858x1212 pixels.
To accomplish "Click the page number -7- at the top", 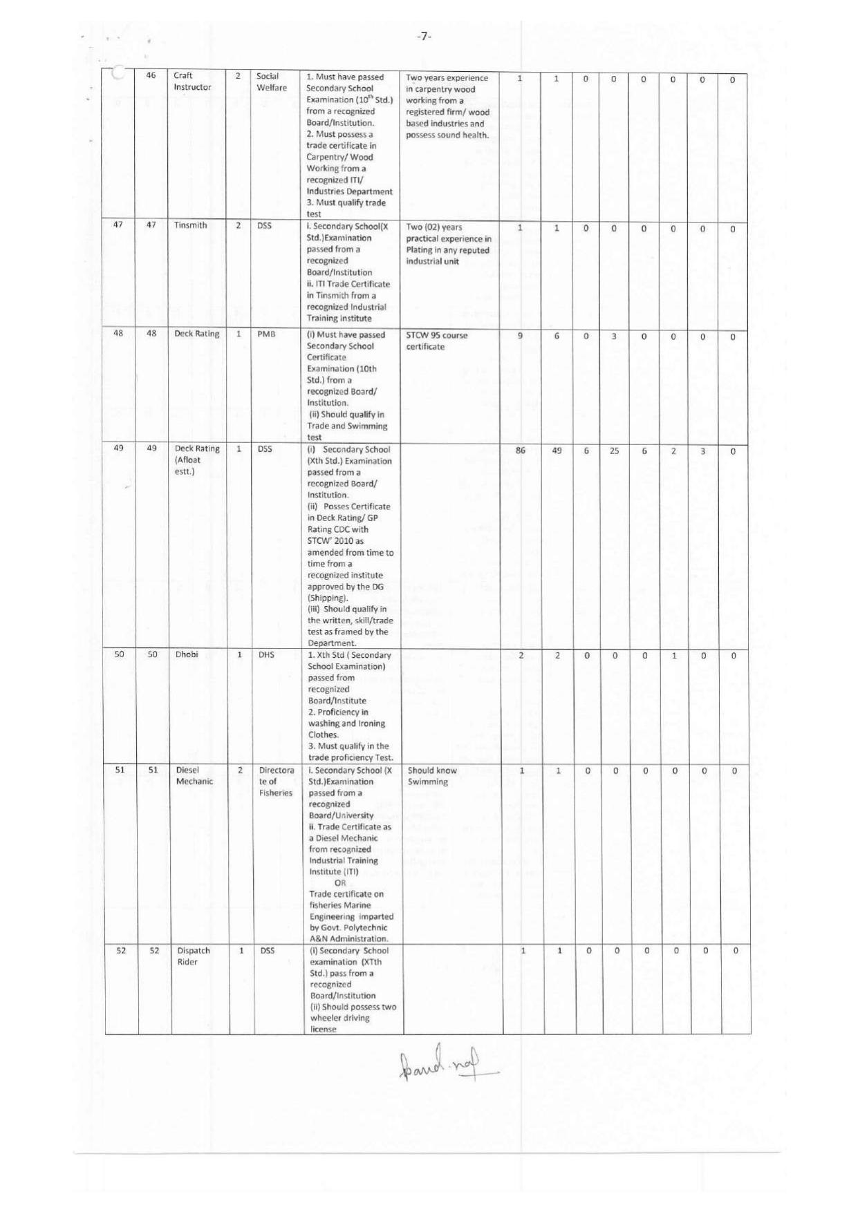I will pos(424,36).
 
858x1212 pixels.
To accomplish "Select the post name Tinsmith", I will pos(190,225).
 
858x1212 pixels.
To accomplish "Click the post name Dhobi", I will pos(187,654).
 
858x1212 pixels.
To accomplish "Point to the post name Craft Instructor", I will pos(192,82).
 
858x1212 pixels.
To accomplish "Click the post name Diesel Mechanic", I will pos(194,776).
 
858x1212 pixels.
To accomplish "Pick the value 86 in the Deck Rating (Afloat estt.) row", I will pos(521,451).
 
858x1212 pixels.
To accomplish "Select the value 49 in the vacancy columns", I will pos(557,451).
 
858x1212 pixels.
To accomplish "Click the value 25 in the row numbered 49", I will pos(614,451).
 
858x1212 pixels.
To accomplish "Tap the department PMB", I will pos(266,334).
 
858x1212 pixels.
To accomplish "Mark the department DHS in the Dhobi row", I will pos(266,655).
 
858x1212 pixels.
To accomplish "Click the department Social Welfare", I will pos(271,82).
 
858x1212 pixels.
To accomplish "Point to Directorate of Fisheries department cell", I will pos(276,782).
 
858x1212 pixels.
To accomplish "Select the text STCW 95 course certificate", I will pos(436,341).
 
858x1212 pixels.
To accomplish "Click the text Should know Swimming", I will pos(432,776).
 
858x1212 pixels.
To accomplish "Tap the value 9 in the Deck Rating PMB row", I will pos(520,336).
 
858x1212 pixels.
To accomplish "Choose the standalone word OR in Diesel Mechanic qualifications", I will pos(340,883).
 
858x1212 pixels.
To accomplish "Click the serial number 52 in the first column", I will pos(121,951).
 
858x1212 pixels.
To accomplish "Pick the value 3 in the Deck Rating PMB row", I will pos(614,337).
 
